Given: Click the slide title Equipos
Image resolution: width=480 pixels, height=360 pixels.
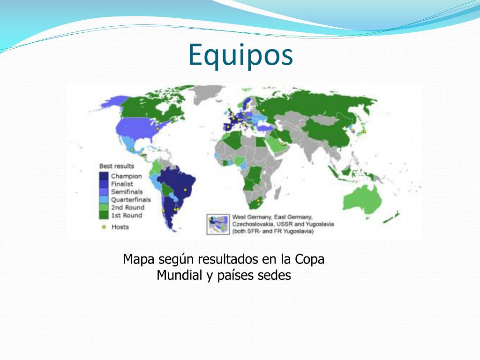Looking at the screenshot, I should (x=240, y=56).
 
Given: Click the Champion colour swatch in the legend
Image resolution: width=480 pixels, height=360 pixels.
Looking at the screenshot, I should (x=104, y=176).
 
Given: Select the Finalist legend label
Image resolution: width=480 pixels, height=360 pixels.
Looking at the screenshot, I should (x=122, y=184).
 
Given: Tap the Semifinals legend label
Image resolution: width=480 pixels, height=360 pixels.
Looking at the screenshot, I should (x=127, y=192).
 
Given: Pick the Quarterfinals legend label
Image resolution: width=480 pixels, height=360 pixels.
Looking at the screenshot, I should (x=131, y=200).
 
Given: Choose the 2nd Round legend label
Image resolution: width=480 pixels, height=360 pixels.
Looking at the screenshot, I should (x=127, y=208).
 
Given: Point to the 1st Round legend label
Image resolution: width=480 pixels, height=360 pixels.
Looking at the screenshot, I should (x=127, y=216).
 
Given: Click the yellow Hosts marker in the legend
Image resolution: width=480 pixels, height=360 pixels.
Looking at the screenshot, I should (x=104, y=227).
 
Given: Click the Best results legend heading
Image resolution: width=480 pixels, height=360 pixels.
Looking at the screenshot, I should (x=117, y=166).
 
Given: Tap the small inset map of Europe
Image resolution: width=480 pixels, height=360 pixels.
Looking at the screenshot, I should (x=218, y=224).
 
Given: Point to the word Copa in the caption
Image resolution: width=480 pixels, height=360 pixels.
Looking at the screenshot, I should (x=310, y=259).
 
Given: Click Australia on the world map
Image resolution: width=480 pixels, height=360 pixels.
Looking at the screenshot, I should (x=361, y=199).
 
